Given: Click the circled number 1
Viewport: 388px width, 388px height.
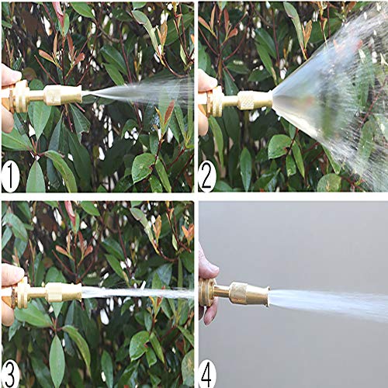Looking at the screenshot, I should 10,177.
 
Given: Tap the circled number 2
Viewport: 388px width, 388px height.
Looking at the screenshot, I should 207,177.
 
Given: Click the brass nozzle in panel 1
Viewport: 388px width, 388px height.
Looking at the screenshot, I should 47,96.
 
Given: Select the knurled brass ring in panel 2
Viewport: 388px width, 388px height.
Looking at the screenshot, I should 245,100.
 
